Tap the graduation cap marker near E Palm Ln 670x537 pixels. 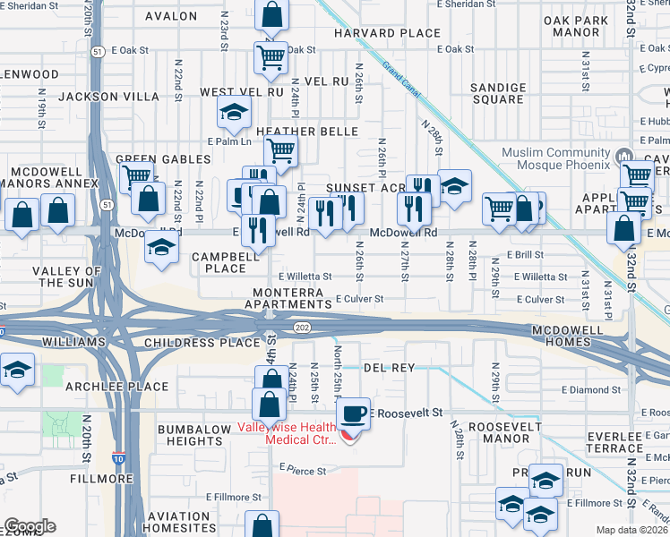coord(234,113)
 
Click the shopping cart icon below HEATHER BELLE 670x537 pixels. coord(281,150)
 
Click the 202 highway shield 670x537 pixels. coord(302,328)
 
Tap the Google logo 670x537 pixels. coord(30,526)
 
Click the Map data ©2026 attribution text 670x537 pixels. coord(631,530)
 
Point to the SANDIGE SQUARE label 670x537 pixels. coord(498,93)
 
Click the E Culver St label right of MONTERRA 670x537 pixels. coord(359,299)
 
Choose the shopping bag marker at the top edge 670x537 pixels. coord(271,14)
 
